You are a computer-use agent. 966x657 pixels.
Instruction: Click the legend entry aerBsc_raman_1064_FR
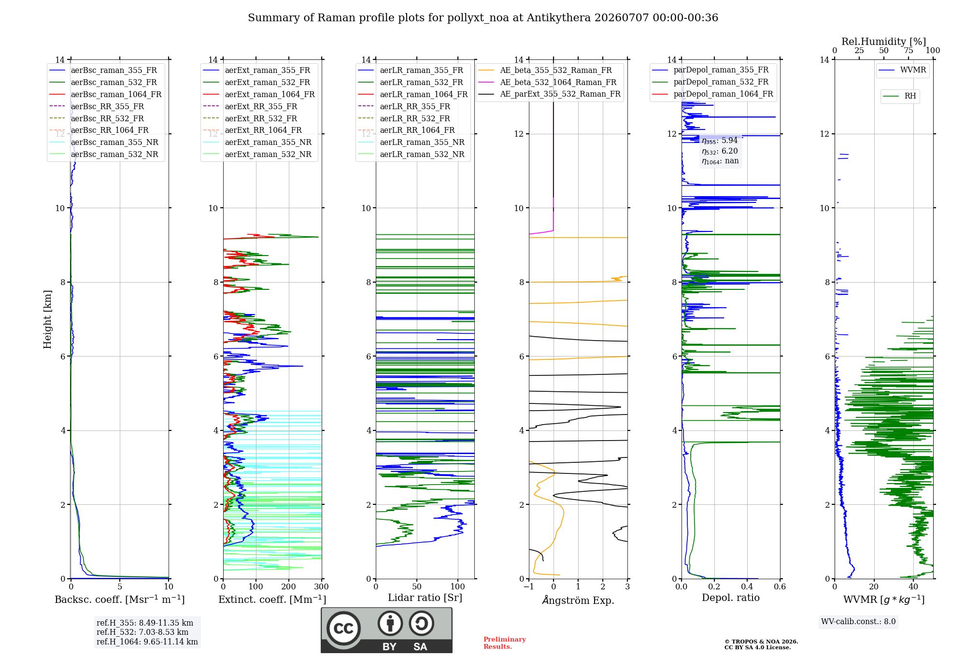pyautogui.click(x=105, y=94)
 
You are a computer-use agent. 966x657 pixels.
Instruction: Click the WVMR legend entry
pyautogui.click(x=902, y=70)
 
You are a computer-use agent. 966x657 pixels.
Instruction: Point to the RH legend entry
pyautogui.click(x=900, y=96)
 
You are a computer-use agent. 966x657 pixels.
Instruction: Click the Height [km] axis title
pyautogui.click(x=47, y=319)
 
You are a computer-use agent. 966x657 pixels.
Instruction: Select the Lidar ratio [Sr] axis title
pyautogui.click(x=425, y=598)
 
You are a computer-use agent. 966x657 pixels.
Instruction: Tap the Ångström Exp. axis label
pyautogui.click(x=578, y=600)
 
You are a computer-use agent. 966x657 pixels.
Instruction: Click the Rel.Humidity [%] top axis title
pyautogui.click(x=884, y=42)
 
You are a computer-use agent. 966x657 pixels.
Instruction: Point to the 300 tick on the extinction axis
pyautogui.click(x=321, y=587)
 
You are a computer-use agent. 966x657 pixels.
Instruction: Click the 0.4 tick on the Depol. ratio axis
pyautogui.click(x=747, y=587)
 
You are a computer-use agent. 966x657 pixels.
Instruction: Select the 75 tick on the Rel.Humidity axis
pyautogui.click(x=909, y=51)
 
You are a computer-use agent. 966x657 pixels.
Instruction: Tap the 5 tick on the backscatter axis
pyautogui.click(x=120, y=587)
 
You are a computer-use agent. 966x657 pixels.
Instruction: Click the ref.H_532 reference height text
pyautogui.click(x=142, y=632)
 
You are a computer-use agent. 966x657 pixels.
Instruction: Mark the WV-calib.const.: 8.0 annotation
pyautogui.click(x=858, y=622)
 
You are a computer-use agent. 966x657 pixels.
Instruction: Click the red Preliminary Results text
pyautogui.click(x=504, y=643)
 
